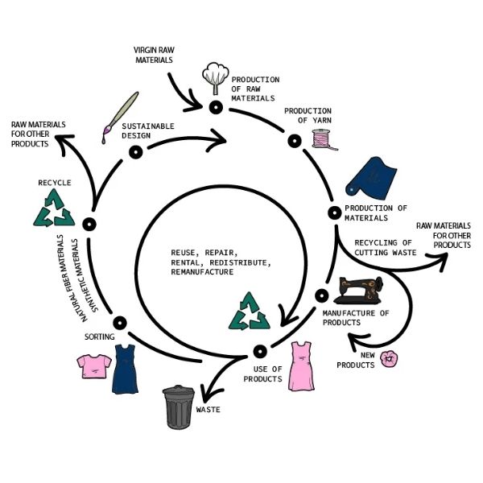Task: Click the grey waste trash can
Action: [x=178, y=407]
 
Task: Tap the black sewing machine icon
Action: [x=361, y=292]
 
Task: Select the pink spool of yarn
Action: [x=324, y=138]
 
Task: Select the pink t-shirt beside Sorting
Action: [x=93, y=366]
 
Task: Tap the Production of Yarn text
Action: [x=308, y=115]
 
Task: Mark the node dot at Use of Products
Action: [x=259, y=351]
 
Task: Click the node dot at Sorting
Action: [x=120, y=324]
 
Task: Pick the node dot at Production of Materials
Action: [x=334, y=213]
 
